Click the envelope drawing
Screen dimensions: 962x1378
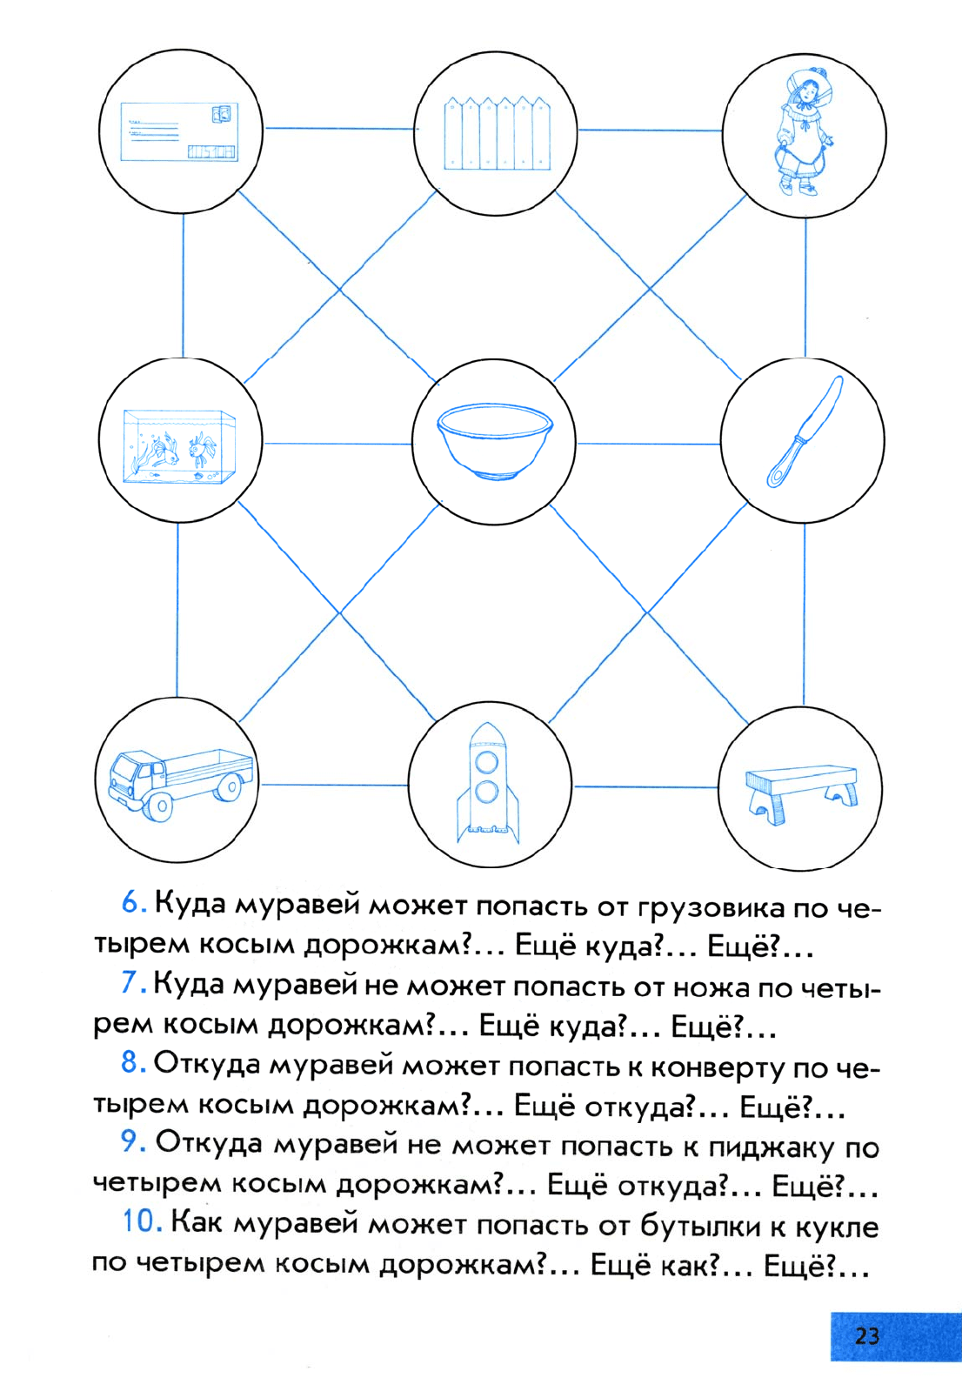click(179, 132)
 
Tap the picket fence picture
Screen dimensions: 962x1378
click(497, 133)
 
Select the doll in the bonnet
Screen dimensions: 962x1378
click(804, 133)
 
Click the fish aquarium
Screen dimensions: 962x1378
click(179, 446)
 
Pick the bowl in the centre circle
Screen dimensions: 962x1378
click(495, 441)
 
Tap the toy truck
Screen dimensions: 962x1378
click(180, 784)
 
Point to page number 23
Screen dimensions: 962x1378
click(867, 1336)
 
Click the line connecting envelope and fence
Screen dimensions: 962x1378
click(339, 129)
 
